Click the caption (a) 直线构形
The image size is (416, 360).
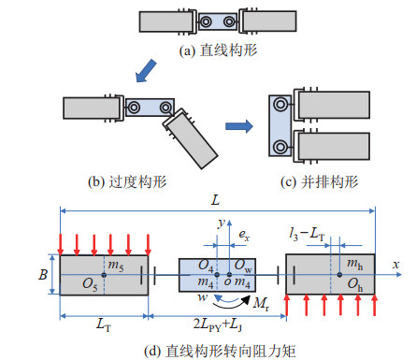tap(218, 50)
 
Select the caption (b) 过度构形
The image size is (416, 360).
tap(127, 181)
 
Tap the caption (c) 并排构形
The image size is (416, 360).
tap(320, 181)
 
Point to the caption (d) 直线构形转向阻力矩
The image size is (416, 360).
tap(220, 351)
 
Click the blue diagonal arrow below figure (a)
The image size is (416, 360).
tap(146, 71)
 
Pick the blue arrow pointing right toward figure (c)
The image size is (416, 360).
tap(239, 126)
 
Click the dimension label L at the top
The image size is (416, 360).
tap(216, 200)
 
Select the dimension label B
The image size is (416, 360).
tap(43, 275)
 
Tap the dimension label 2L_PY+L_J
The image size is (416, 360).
tap(218, 324)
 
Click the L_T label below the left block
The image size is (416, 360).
tap(104, 324)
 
